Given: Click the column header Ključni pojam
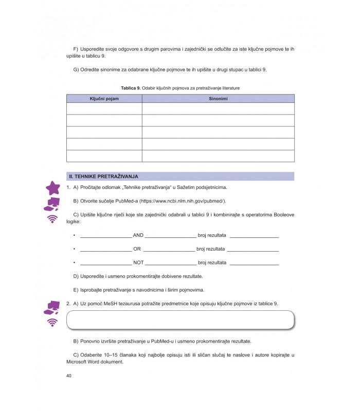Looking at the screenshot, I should [x=104, y=98].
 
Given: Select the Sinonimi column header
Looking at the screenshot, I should [x=218, y=98].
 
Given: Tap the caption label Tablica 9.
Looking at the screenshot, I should [x=131, y=88].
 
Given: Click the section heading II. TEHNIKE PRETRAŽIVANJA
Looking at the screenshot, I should [x=107, y=176].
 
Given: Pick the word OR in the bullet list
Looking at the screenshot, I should [x=137, y=249].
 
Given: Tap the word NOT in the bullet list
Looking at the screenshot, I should [x=138, y=263].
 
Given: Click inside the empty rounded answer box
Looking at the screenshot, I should [x=180, y=320].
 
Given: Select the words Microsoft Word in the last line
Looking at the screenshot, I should [x=86, y=362].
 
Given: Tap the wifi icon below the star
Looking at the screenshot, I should [x=52, y=219].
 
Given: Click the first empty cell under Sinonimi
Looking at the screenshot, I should [x=218, y=108].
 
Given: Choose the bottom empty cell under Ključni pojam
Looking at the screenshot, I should [x=104, y=156].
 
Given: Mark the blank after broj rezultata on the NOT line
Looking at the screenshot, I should [x=254, y=263].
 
